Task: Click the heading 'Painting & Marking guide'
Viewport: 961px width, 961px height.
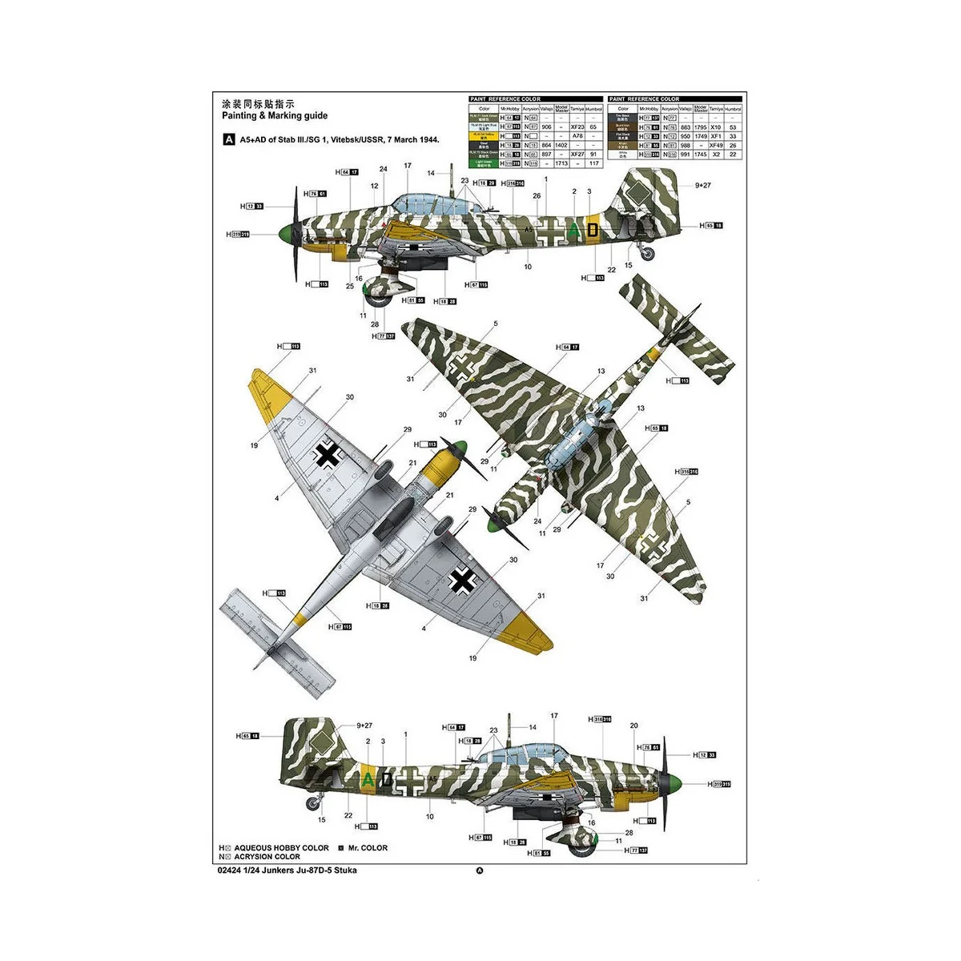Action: (x=274, y=116)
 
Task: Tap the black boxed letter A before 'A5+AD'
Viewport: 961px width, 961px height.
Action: (x=228, y=139)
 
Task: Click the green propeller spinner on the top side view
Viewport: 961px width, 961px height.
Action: (x=284, y=234)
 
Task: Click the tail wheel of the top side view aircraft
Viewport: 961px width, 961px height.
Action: (x=649, y=255)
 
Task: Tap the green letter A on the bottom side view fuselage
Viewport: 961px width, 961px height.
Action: (x=368, y=779)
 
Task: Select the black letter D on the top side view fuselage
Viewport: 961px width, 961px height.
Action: (x=591, y=230)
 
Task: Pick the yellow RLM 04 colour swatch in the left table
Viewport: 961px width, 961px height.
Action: (x=484, y=136)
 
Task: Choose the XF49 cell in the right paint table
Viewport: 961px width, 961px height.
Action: (x=716, y=146)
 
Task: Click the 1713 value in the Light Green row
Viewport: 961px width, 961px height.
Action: (x=561, y=163)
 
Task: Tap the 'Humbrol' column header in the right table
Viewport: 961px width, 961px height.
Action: (x=733, y=108)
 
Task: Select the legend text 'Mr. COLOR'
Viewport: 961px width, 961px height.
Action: (x=368, y=848)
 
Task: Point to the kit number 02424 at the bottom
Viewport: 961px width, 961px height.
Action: (x=230, y=870)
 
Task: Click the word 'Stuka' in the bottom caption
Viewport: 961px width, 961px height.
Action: (x=346, y=870)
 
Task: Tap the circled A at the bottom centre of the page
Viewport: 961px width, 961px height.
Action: (x=480, y=872)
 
